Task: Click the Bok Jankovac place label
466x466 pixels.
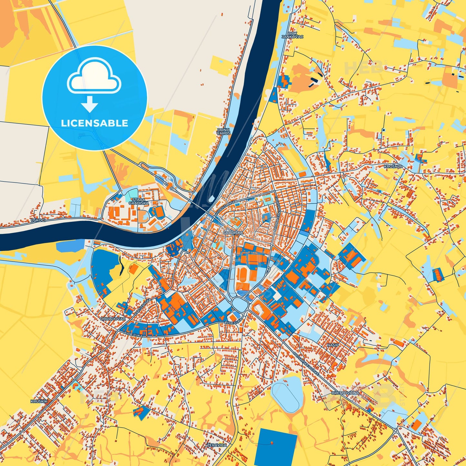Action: click(x=292, y=35)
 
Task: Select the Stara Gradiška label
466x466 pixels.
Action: click(x=139, y=201)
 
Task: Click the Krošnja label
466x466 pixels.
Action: click(x=393, y=166)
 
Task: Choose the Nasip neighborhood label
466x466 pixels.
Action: click(x=333, y=345)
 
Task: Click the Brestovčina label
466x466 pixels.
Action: click(x=345, y=393)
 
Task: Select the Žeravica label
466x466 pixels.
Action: click(x=217, y=445)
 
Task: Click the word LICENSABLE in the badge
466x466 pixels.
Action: click(x=94, y=123)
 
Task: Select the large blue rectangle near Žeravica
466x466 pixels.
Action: click(x=275, y=447)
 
